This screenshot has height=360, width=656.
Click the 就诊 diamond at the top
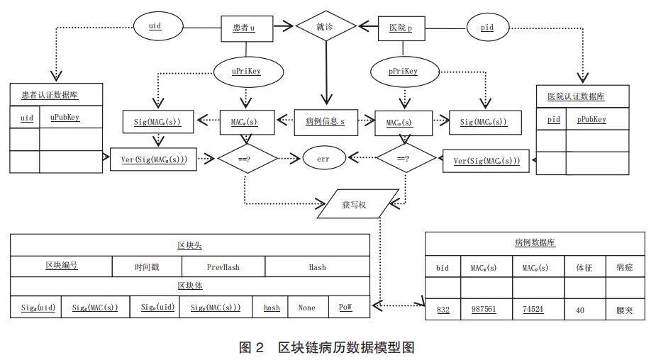pyautogui.click(x=326, y=26)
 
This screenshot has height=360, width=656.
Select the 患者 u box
pyautogui.click(x=245, y=28)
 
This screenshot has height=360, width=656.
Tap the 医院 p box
pyautogui.click(x=403, y=28)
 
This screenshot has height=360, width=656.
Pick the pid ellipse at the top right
pyautogui.click(x=487, y=28)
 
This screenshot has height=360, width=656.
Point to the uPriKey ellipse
pyautogui.click(x=248, y=71)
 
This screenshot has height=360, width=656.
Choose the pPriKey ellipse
pyautogui.click(x=404, y=71)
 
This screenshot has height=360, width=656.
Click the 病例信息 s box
pyautogui.click(x=325, y=122)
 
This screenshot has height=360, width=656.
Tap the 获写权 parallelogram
pyautogui.click(x=353, y=204)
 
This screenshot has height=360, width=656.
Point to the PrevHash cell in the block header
pyautogui.click(x=223, y=267)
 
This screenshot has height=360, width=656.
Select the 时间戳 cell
pyautogui.click(x=147, y=267)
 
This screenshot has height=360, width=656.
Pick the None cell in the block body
pyautogui.click(x=307, y=308)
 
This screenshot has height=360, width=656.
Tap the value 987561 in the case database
pyautogui.click(x=484, y=310)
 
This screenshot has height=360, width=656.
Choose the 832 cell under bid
pyautogui.click(x=443, y=310)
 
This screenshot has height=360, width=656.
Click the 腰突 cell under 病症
pyautogui.click(x=624, y=310)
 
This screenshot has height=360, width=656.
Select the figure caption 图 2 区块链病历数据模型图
pyautogui.click(x=327, y=347)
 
